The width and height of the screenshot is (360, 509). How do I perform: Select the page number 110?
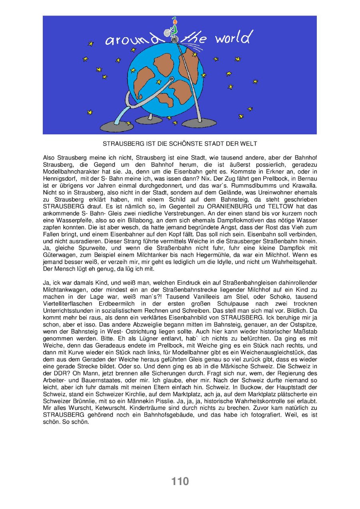click(x=180, y=481)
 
